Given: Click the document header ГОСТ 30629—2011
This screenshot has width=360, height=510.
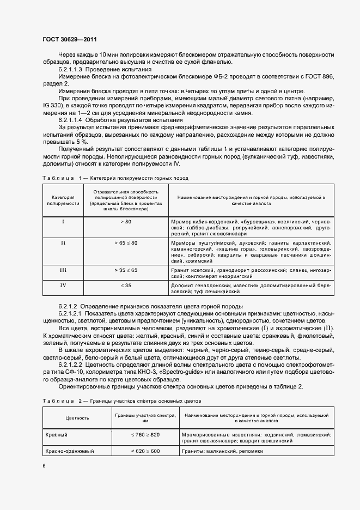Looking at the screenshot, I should [x=70, y=39].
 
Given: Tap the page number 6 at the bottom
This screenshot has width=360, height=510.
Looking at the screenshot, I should [x=44, y=466].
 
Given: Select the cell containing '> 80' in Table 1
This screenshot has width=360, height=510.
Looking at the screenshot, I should [x=126, y=222].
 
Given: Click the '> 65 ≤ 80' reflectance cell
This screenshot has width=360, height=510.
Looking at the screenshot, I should [x=126, y=242].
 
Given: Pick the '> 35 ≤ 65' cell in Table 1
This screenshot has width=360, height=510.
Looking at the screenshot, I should [x=126, y=270].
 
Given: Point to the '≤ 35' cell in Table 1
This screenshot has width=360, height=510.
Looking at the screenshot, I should [x=126, y=285].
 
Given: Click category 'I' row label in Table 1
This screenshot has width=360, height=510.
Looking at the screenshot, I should [x=63, y=222].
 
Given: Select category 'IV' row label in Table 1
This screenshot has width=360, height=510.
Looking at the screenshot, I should [x=63, y=285].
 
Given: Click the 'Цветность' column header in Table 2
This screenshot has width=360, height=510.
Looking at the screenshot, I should [x=77, y=418].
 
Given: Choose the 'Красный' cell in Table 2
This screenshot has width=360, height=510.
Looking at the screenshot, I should [x=58, y=435].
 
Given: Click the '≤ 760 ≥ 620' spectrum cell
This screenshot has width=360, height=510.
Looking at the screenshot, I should [x=145, y=435].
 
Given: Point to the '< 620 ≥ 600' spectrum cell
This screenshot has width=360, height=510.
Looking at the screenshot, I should [x=145, y=451].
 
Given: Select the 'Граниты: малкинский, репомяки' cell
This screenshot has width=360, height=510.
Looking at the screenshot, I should [x=224, y=451].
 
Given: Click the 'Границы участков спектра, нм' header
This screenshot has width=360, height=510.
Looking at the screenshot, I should [x=145, y=418].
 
